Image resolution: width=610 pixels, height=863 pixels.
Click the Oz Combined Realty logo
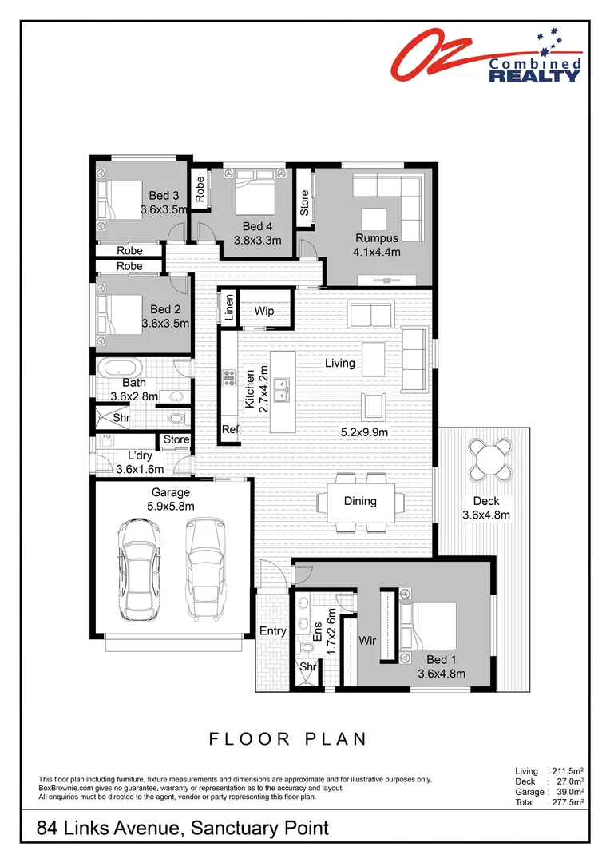[x=485, y=56]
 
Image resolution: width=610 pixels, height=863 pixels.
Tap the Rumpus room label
[x=377, y=237]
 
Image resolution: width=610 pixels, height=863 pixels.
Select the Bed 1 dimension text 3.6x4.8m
[x=442, y=674]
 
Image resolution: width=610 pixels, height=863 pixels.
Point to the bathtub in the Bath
[x=121, y=368]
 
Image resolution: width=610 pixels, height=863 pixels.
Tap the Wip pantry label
[x=264, y=310]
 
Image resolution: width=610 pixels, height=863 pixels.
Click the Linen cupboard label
[x=229, y=308]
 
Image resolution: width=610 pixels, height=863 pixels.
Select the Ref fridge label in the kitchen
[x=230, y=430]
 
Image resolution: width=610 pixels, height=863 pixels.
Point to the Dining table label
[x=360, y=501]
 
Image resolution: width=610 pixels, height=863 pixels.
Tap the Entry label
[x=273, y=631]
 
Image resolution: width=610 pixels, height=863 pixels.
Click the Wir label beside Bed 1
[x=368, y=640]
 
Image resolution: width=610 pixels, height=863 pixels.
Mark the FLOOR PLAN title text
[x=288, y=738]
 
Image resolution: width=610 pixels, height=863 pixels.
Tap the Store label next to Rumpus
[x=304, y=202]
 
